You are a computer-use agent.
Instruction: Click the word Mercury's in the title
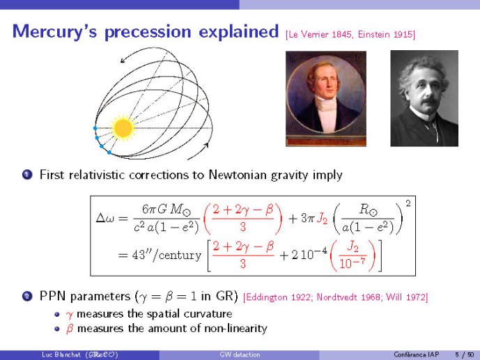pos(55,32)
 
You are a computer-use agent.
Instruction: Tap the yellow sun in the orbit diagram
pos(123,128)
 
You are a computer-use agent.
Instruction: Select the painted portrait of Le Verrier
pos(326,98)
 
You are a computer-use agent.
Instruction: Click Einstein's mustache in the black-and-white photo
pos(429,100)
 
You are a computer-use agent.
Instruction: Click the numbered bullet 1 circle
pos(27,175)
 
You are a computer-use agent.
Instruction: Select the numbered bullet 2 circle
pos(27,297)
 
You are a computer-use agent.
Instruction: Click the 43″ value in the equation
pos(139,254)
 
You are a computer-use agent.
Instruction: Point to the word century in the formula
pos(180,255)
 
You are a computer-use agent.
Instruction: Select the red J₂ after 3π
pos(322,219)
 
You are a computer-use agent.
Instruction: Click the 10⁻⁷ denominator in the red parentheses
pos(353,263)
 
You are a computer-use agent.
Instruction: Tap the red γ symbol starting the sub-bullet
pos(69,315)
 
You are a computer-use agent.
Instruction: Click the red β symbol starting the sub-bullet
pos(70,329)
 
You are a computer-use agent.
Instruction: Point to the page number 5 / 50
pos(465,354)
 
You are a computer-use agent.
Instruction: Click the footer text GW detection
pos(240,354)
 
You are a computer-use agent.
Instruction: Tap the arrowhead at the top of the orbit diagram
pos(123,61)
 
